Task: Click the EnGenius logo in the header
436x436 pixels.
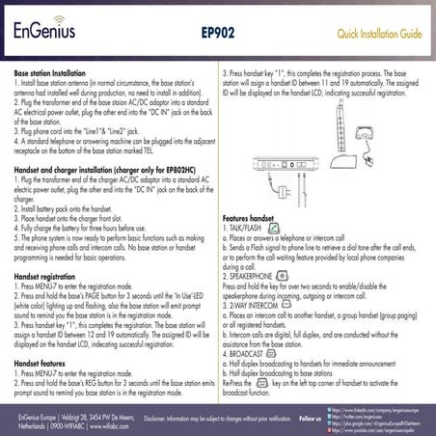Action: coord(46,34)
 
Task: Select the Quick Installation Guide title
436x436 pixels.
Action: coord(377,34)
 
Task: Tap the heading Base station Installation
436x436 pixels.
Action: coord(56,72)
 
